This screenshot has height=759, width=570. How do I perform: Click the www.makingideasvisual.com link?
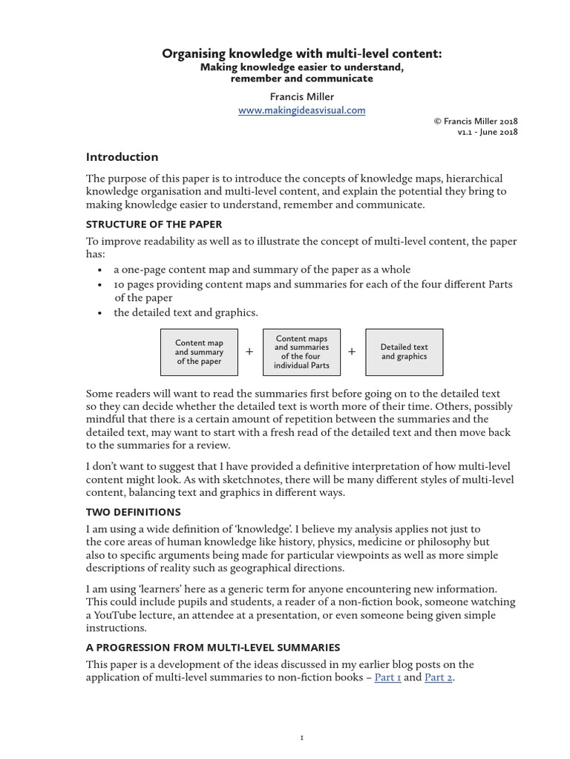click(301, 110)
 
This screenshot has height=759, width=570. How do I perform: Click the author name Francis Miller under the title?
click(301, 96)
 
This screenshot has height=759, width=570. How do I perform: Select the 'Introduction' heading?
click(122, 157)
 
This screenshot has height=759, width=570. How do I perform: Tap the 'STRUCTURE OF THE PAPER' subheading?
click(154, 224)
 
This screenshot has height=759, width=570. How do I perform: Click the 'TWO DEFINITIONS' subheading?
click(133, 511)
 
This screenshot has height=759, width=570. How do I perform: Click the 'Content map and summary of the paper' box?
click(199, 352)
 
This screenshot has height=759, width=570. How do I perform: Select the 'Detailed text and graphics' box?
click(404, 352)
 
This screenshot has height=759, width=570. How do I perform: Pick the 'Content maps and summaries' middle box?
click(301, 352)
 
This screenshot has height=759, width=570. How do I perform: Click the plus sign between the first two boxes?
click(249, 352)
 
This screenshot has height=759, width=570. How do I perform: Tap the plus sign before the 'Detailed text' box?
click(352, 352)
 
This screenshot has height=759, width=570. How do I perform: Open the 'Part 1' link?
click(387, 677)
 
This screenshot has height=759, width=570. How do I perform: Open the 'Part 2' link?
click(437, 677)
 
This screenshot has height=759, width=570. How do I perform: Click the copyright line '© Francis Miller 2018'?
click(474, 122)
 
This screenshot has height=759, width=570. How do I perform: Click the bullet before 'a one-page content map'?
click(99, 270)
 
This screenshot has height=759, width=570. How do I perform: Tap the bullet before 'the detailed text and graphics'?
click(99, 313)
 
